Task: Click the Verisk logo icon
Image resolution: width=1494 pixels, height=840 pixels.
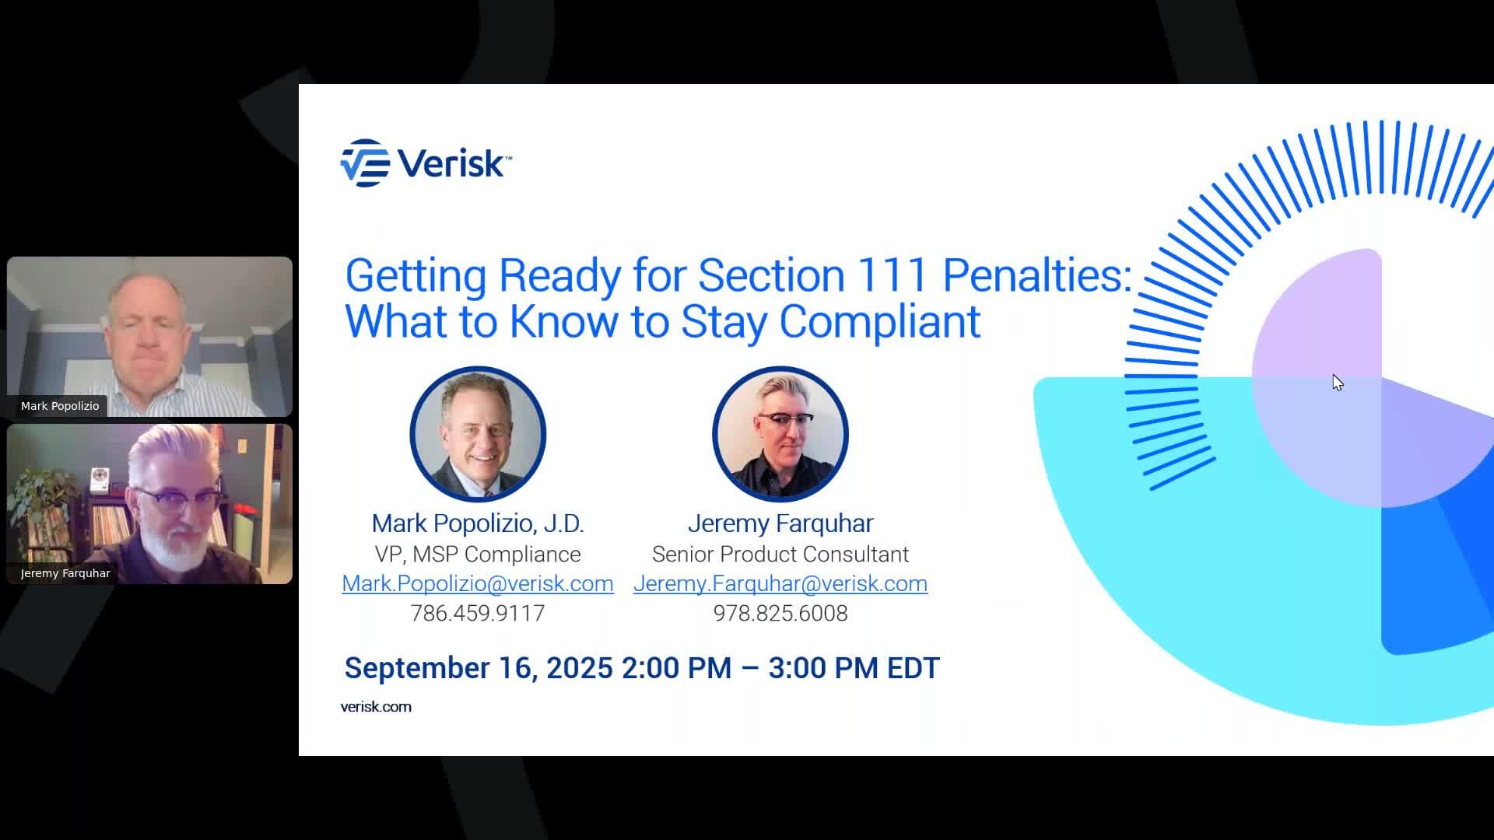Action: click(x=365, y=163)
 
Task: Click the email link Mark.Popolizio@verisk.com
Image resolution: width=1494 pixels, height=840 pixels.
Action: click(x=477, y=583)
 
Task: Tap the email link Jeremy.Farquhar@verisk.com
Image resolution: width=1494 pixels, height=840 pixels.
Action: click(x=780, y=583)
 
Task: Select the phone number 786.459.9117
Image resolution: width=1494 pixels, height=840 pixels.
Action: click(x=477, y=613)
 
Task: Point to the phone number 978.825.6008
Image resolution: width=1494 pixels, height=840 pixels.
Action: click(x=780, y=613)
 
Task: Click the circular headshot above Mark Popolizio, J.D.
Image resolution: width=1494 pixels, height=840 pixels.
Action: click(x=477, y=434)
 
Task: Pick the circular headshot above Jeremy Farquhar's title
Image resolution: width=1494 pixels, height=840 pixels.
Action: click(x=780, y=434)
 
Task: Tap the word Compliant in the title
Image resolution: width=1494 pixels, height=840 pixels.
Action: click(x=879, y=321)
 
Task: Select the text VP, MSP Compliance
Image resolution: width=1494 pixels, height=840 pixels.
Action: click(x=477, y=554)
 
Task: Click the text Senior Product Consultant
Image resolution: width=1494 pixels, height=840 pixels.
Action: click(x=780, y=554)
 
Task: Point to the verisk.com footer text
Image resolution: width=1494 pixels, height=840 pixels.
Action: click(x=376, y=706)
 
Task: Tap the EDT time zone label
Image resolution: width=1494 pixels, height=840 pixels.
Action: click(x=913, y=668)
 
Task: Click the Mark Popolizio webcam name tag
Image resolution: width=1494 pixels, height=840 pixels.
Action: click(x=60, y=406)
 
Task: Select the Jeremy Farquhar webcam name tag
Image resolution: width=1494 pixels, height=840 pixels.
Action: click(x=65, y=573)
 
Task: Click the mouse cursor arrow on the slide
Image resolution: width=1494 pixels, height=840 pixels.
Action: click(x=1337, y=382)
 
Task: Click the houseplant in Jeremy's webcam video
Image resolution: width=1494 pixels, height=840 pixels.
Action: click(x=39, y=498)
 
